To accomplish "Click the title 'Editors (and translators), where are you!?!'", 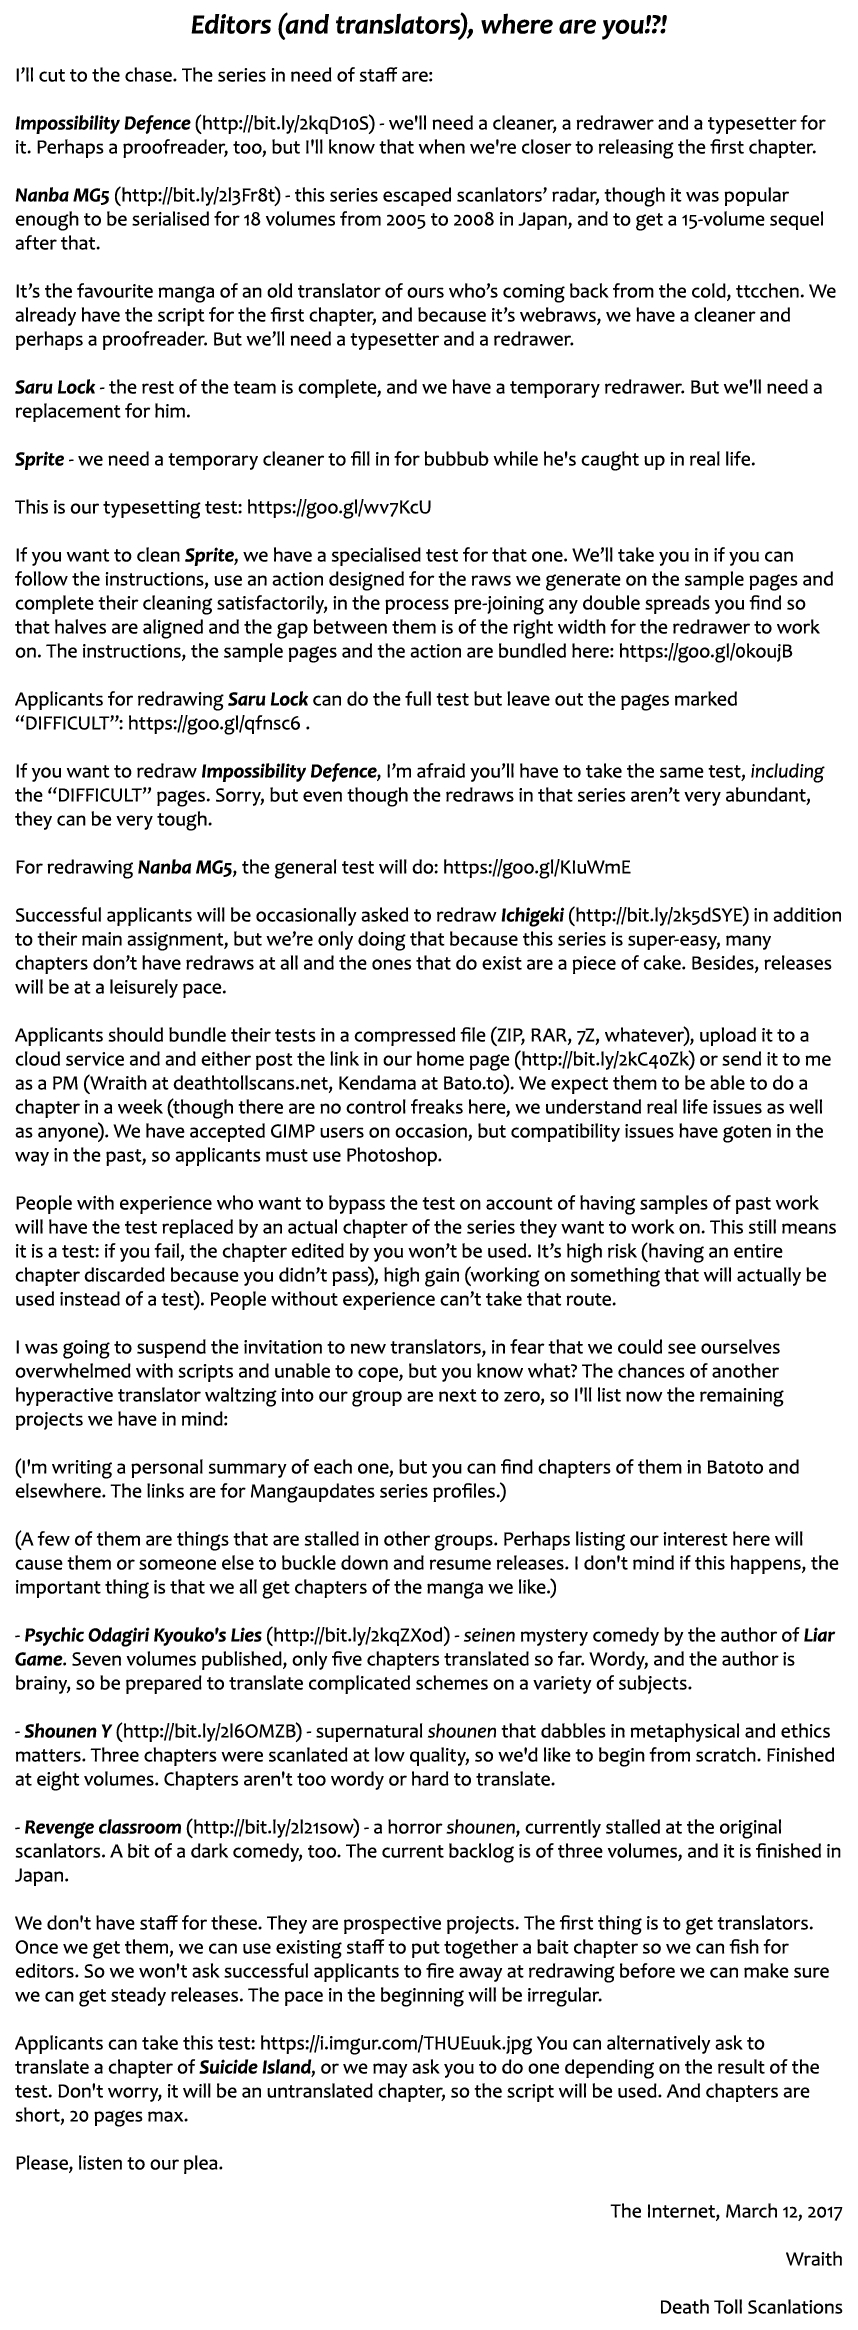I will point(428,27).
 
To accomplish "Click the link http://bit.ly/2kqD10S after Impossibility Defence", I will point(286,123).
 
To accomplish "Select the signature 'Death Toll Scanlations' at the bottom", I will point(750,2307).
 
